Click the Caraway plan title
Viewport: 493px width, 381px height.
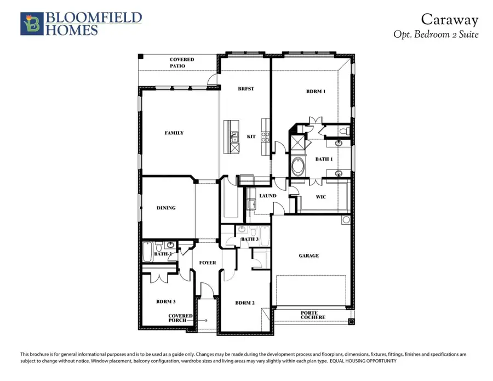(449, 20)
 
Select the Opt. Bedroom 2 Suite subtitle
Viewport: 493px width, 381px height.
(436, 34)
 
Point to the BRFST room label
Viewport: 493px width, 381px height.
(245, 89)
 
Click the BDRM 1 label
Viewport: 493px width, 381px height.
(316, 92)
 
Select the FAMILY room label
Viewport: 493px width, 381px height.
(174, 133)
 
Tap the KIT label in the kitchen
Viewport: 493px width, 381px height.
(252, 136)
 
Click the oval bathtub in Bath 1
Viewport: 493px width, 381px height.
(300, 166)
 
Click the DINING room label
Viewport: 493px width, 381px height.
(166, 208)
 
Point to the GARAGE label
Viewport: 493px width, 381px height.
(309, 255)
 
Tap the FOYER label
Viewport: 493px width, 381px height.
(208, 263)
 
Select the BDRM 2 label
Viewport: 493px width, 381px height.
(244, 303)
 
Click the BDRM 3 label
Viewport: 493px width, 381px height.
(167, 302)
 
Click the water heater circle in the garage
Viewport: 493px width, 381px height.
(346, 220)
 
